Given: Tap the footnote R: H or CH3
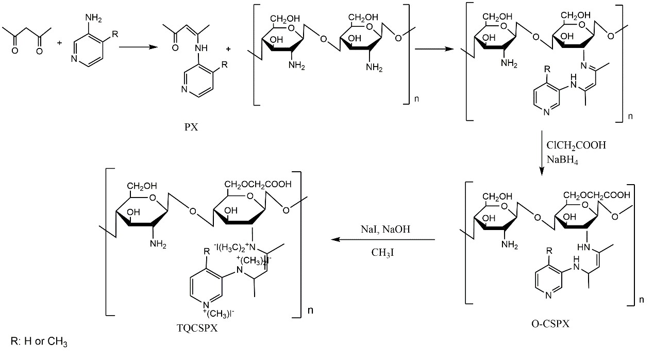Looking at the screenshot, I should click(39, 342).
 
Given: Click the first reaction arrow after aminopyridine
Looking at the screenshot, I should click(138, 46).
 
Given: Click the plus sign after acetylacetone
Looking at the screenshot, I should click(59, 42).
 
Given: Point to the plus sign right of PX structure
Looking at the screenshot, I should click(228, 50).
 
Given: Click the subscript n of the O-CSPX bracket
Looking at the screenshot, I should click(641, 299).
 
